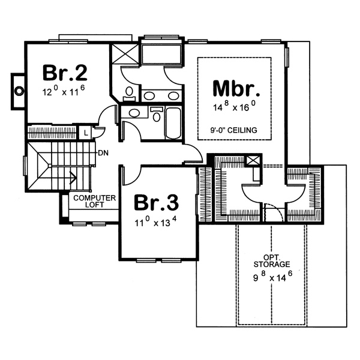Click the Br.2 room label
[65, 73]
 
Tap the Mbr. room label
[236, 90]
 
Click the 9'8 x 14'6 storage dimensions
[272, 277]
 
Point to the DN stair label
[103, 153]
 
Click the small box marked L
[86, 131]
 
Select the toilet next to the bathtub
[156, 115]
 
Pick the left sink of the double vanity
[150, 95]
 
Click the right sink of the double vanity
[173, 95]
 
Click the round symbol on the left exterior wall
[19, 91]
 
